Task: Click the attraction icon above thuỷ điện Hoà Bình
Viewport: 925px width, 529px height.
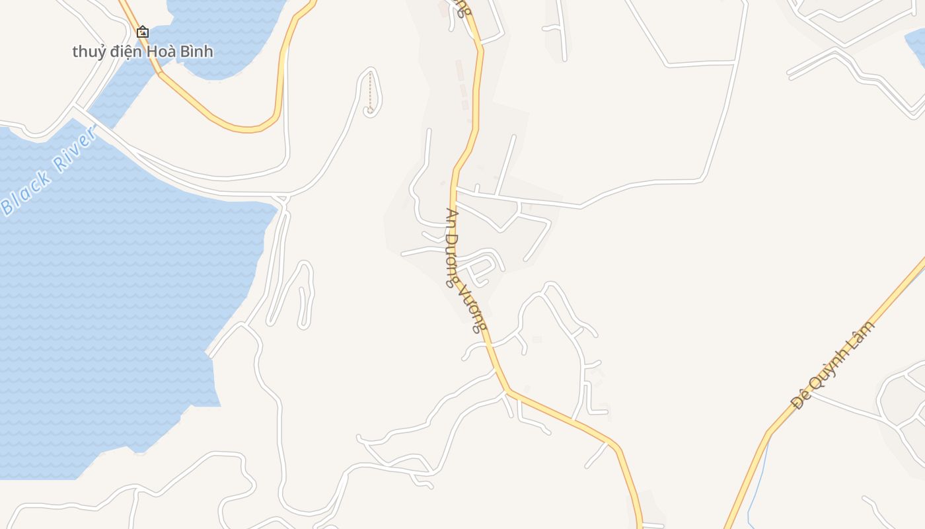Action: click(143, 31)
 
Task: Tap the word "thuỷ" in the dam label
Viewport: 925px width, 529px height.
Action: click(89, 52)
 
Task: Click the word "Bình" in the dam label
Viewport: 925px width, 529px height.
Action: click(198, 51)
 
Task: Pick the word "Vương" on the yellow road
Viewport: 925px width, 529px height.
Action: click(476, 308)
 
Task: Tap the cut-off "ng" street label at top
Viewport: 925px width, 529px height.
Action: click(464, 8)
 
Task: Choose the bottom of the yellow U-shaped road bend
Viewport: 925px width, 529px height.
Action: click(248, 129)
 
